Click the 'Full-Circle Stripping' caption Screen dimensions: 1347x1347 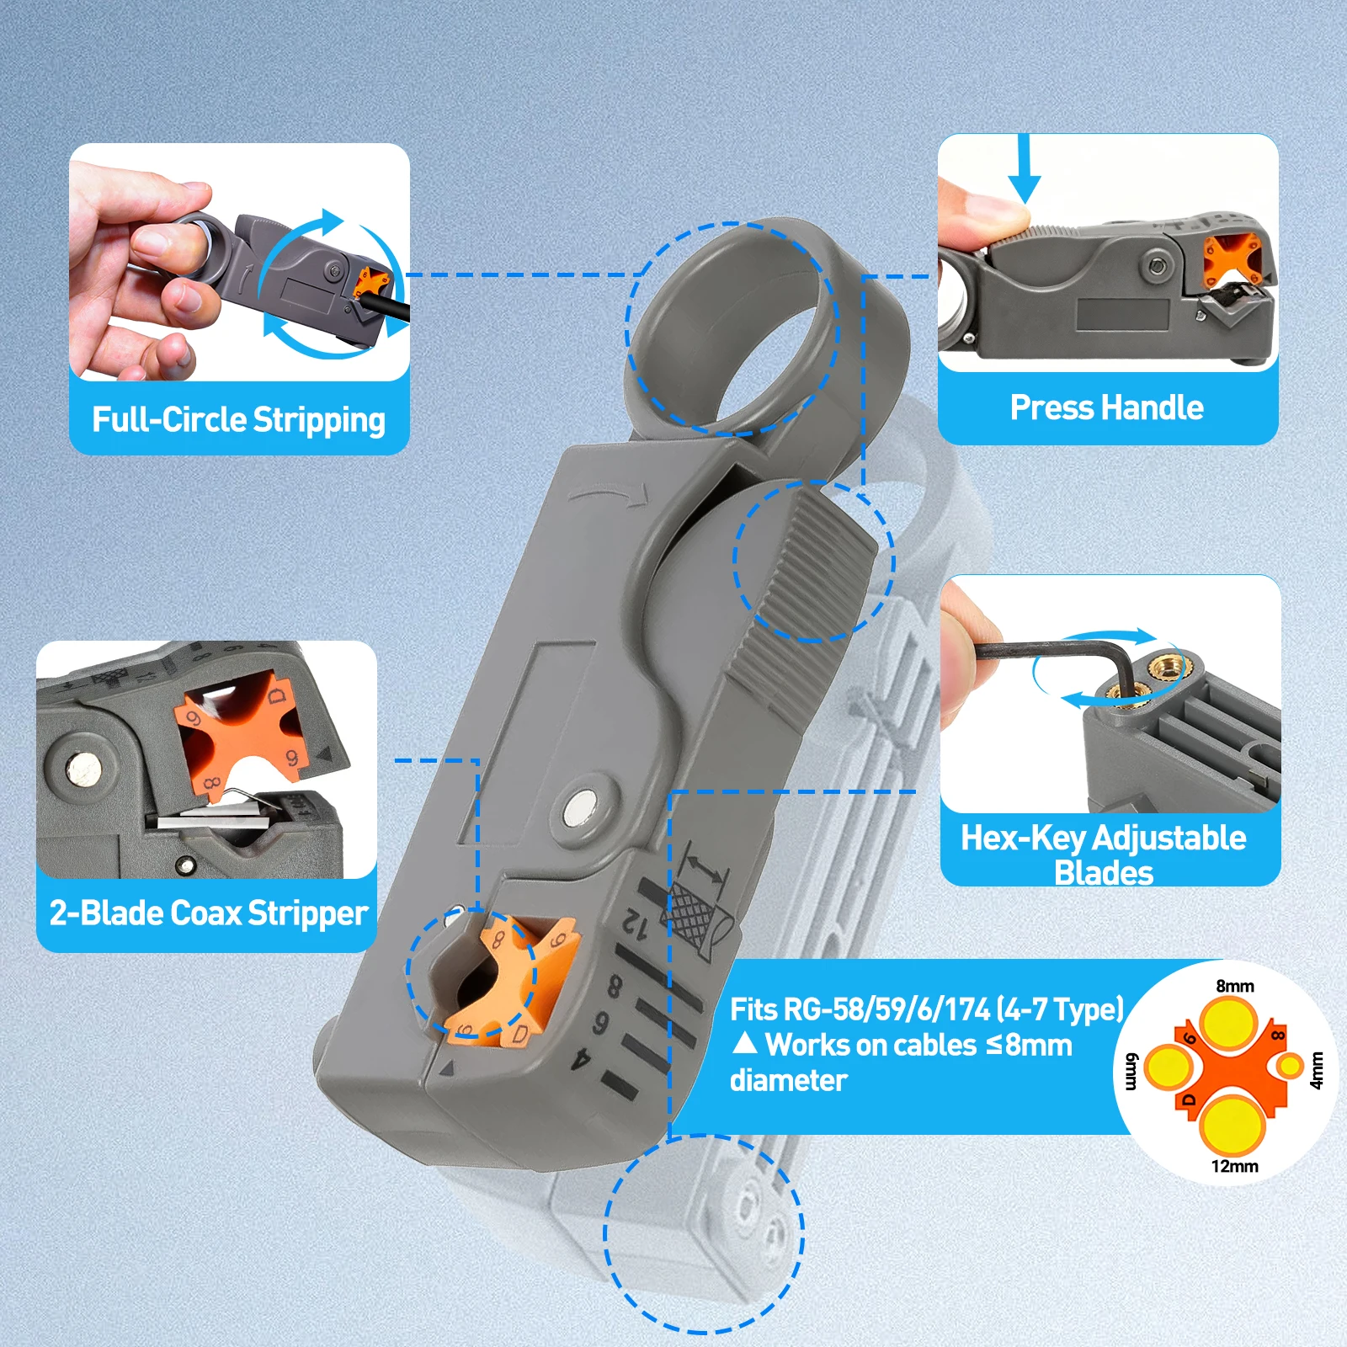(x=238, y=420)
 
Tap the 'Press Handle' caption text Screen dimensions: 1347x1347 (x=1107, y=407)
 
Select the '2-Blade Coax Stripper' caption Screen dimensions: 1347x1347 (x=209, y=913)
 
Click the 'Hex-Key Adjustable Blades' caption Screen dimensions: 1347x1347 (x=1104, y=855)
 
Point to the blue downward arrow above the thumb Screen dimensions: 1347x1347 (x=1024, y=168)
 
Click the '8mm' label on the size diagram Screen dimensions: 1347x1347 (x=1235, y=986)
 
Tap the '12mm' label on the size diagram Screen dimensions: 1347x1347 (x=1235, y=1166)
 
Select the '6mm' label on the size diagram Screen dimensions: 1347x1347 (x=1132, y=1071)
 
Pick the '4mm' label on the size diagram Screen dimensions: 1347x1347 (x=1318, y=1070)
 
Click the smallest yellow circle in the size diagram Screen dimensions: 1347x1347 (x=1290, y=1067)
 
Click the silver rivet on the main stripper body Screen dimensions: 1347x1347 (x=579, y=807)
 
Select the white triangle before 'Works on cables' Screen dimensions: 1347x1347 (x=744, y=1043)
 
